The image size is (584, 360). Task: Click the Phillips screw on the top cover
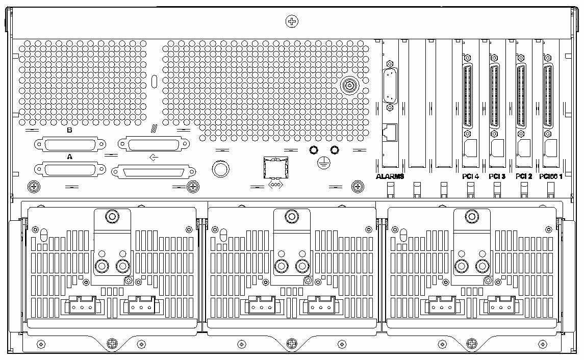291,21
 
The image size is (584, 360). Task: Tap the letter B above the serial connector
70,130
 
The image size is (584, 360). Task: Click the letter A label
70,157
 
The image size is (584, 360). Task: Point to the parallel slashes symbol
153,129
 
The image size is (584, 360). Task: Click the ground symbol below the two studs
322,163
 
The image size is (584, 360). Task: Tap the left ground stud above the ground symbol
314,150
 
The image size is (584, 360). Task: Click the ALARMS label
390,176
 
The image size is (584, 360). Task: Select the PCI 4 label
470,176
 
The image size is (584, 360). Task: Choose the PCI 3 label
496,176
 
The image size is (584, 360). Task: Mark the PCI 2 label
523,176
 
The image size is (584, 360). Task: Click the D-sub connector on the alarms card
390,86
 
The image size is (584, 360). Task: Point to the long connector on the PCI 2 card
521,97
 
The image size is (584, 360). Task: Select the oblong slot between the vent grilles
155,82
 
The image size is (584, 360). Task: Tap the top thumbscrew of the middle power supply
292,217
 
